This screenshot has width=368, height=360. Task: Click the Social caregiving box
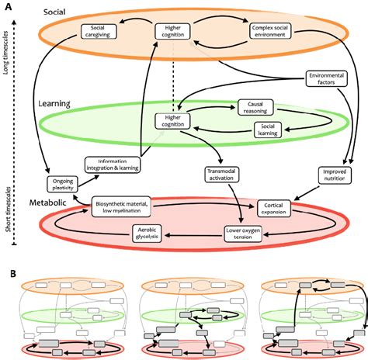(99, 31)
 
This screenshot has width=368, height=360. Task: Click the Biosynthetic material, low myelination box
(123, 207)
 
